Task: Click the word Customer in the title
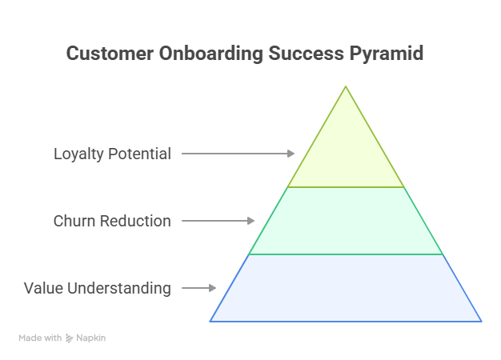110,53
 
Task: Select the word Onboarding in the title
211,54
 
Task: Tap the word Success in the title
306,53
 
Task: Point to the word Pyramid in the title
387,54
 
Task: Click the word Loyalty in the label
78,154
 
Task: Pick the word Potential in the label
139,154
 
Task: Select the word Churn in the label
74,221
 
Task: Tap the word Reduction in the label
135,221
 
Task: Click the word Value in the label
43,288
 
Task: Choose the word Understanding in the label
119,289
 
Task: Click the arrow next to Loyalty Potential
238,154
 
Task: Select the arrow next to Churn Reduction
218,221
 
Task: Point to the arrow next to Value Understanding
198,288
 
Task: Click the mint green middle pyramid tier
346,221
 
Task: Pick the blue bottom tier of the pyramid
346,288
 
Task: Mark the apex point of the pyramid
346,86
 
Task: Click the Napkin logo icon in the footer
70,338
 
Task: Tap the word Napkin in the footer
91,338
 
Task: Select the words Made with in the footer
40,338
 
